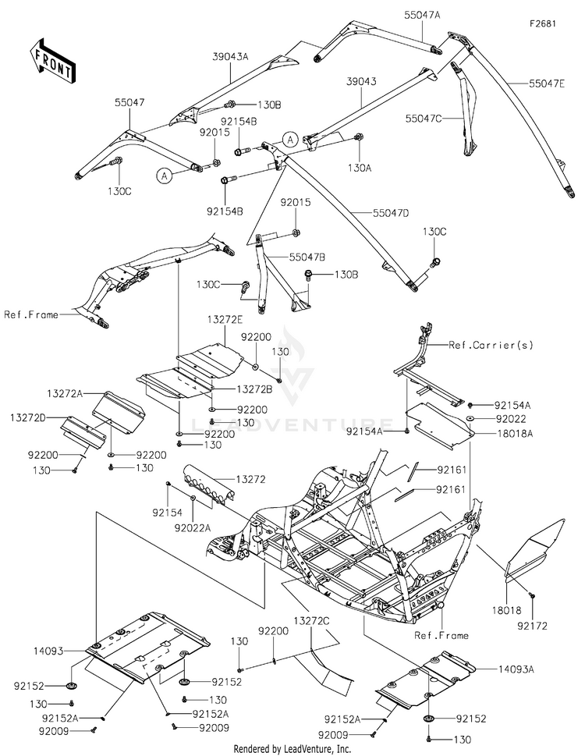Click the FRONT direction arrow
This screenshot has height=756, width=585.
click(51, 60)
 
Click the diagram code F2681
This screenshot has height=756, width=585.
click(543, 23)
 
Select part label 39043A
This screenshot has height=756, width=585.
click(230, 56)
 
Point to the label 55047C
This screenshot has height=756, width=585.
click(424, 118)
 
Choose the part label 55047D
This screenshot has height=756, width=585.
click(391, 212)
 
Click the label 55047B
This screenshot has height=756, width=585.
click(307, 257)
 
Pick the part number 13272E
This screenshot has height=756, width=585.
click(225, 319)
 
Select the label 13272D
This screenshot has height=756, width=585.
click(28, 417)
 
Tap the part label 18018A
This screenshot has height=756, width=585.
click(515, 433)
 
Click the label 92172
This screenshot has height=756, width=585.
click(533, 626)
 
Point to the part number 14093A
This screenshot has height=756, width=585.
click(516, 669)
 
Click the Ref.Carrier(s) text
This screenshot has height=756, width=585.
click(491, 345)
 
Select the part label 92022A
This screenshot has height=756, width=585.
click(193, 528)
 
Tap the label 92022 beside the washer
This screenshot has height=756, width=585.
click(511, 418)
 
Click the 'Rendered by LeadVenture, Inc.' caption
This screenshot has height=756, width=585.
click(292, 749)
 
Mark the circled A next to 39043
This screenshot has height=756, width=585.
click(290, 140)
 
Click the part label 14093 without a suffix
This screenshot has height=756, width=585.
click(48, 651)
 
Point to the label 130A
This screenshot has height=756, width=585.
click(360, 168)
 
